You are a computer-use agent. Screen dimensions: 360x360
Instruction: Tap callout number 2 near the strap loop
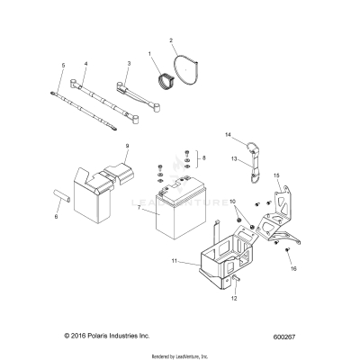[172, 40]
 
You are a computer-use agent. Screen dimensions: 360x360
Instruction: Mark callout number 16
[292, 268]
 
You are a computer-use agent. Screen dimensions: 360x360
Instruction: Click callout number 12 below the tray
[234, 300]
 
